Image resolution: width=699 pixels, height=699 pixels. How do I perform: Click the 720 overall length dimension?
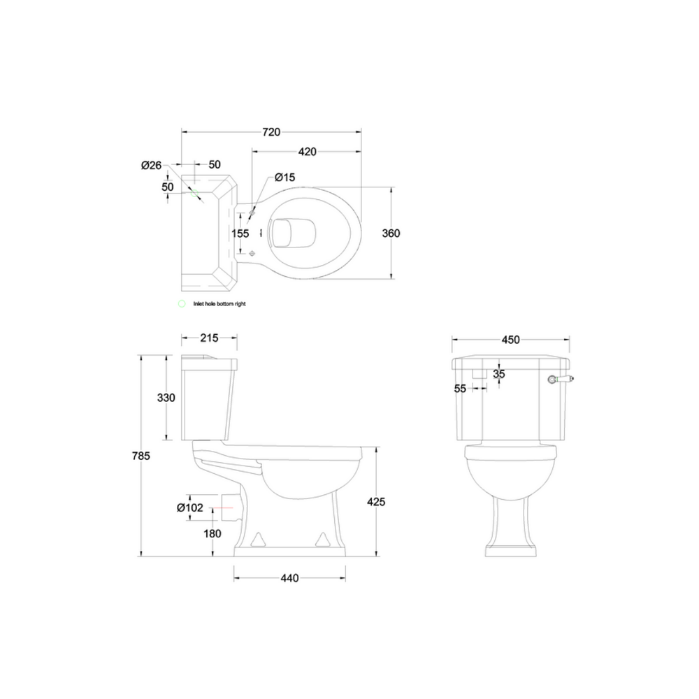point(271,131)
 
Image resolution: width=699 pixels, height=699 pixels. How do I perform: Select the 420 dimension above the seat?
point(308,151)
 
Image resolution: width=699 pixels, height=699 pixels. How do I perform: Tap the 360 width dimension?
point(391,233)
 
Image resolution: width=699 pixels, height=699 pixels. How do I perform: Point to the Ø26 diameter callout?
point(151,166)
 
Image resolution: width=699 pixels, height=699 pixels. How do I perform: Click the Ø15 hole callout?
point(284,178)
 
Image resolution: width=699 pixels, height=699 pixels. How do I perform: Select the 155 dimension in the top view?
point(240,233)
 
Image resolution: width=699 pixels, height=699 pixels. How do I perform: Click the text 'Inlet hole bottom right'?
point(219,304)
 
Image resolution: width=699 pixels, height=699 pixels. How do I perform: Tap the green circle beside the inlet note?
point(182,304)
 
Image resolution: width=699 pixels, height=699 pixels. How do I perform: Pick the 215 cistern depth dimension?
point(209,338)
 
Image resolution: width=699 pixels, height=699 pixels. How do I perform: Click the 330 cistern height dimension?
point(166,398)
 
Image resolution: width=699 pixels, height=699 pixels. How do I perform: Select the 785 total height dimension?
point(141,456)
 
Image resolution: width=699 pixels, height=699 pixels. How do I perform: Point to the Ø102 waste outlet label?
point(190,507)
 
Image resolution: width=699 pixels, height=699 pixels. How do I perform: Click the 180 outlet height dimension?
point(212,533)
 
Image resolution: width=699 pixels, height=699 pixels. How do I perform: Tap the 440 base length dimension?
point(289,578)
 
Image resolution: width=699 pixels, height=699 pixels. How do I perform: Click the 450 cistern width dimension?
point(511,340)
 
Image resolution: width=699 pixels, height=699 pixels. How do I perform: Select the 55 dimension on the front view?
point(460,389)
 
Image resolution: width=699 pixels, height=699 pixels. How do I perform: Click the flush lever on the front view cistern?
point(559,380)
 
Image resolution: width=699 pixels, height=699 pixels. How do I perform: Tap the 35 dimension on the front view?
point(498,374)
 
